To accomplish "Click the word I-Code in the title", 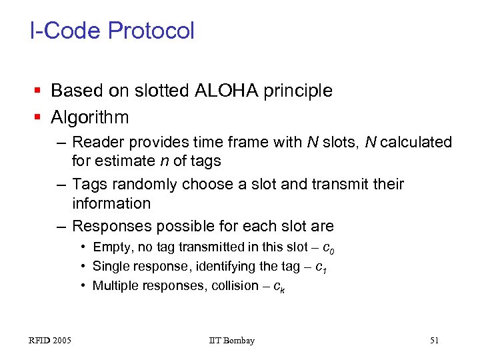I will [x=65, y=31].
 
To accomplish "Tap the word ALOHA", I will [x=225, y=90].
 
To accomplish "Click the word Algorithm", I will [x=90, y=117].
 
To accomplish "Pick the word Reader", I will [x=96, y=142].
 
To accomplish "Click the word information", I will [x=111, y=203].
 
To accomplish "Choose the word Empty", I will [x=112, y=247].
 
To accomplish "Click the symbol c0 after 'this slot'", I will [x=328, y=249].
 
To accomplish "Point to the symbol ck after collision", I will [x=281, y=287].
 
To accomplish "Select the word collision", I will [x=233, y=286].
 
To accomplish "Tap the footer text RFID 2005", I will [x=51, y=341].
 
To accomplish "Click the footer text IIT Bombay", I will [x=231, y=341].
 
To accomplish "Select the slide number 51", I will [x=435, y=341].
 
